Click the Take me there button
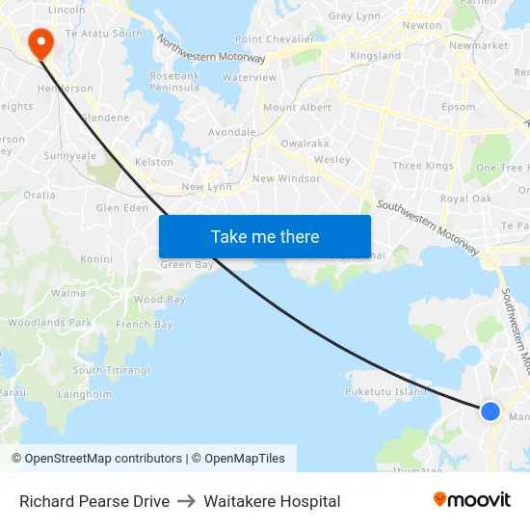(x=265, y=236)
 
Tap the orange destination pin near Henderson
(x=40, y=41)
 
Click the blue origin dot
(x=490, y=411)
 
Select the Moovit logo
(x=471, y=500)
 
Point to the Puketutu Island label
(x=385, y=392)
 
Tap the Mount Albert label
(x=292, y=108)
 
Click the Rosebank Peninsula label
(x=174, y=81)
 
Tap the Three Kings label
(x=423, y=166)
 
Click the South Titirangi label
(x=112, y=370)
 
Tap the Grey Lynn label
(x=354, y=16)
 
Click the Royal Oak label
(x=465, y=199)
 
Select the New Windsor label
(x=285, y=178)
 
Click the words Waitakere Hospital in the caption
(x=272, y=501)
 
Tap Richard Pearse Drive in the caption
(x=94, y=501)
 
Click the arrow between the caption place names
(x=186, y=501)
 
